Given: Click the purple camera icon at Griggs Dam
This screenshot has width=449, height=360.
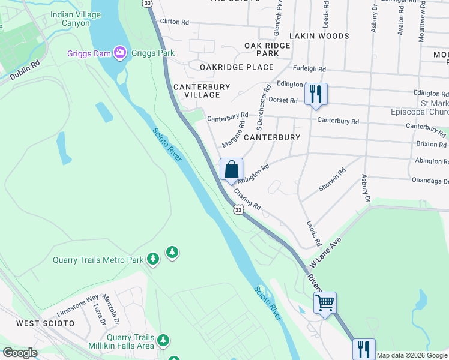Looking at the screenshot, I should pyautogui.click(x=120, y=53).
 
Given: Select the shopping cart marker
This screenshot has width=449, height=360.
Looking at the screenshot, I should pyautogui.click(x=325, y=302).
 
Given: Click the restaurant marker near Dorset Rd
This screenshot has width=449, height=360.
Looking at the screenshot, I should pyautogui.click(x=315, y=94).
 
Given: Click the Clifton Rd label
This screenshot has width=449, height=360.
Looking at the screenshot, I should pyautogui.click(x=174, y=22).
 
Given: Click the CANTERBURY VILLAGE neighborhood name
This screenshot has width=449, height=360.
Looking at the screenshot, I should pyautogui.click(x=202, y=91).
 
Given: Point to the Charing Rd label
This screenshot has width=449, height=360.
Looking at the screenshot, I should pyautogui.click(x=247, y=199).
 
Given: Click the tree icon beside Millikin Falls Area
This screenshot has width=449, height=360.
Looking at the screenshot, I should pyautogui.click(x=163, y=341).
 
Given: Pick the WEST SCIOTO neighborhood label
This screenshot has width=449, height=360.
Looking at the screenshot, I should pyautogui.click(x=45, y=323).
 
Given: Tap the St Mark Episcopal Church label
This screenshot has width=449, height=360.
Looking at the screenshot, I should pyautogui.click(x=424, y=108).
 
